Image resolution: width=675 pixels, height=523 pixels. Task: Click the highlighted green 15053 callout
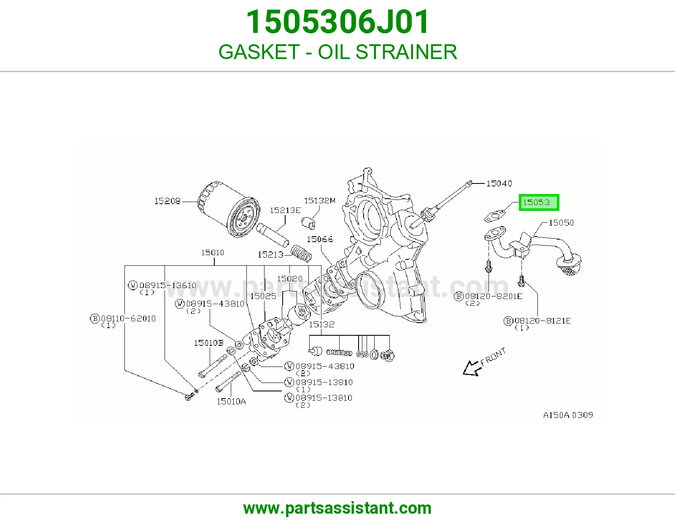coord(539,202)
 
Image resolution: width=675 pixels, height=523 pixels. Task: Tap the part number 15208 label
coord(167,201)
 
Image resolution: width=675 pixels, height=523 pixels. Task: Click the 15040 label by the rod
coord(499,183)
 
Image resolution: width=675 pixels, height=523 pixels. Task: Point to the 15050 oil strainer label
coord(561,223)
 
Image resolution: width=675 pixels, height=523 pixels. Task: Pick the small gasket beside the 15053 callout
coord(495,216)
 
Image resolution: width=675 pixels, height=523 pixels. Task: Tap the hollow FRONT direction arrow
coord(472,368)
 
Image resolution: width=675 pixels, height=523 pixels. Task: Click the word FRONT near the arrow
coord(493,356)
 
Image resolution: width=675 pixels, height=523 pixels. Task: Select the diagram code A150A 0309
coord(568,415)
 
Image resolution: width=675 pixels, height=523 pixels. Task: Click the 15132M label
coord(320,201)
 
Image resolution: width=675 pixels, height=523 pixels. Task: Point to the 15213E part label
coord(285,210)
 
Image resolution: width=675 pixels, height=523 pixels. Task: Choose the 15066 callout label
coord(320,239)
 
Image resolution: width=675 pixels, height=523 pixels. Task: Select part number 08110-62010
coord(128,318)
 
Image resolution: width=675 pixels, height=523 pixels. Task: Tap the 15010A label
coord(231,402)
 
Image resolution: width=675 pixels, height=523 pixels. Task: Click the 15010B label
coord(209,343)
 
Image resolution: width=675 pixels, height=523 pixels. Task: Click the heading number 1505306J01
coord(337,22)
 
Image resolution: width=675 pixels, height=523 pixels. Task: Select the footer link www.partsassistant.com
coord(337,508)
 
